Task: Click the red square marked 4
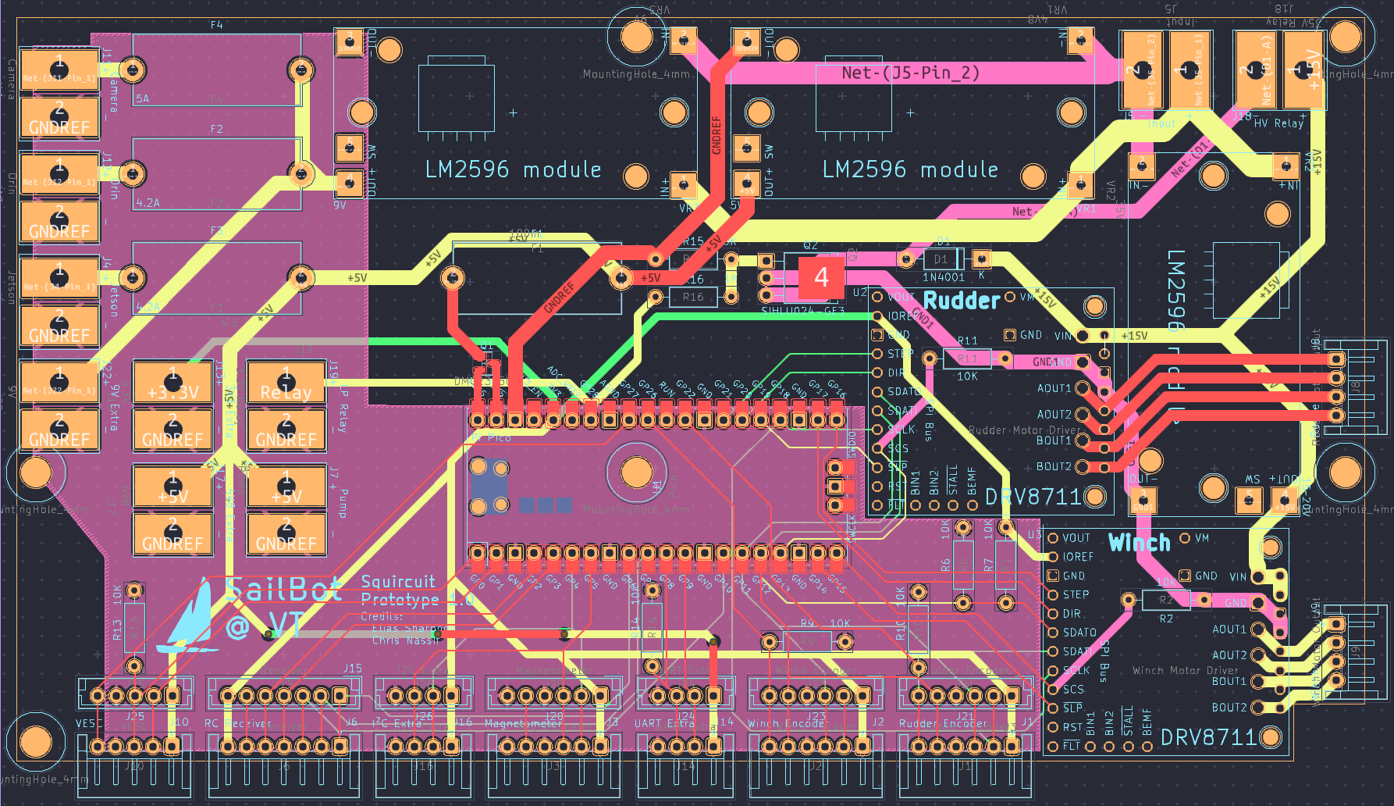[821, 277]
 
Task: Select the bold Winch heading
[1139, 542]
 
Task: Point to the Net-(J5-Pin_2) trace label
[909, 73]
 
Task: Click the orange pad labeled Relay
[286, 383]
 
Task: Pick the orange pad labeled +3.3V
[172, 383]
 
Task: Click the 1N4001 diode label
[943, 277]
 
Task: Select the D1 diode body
[941, 259]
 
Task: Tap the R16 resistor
[693, 297]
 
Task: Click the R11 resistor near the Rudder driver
[967, 358]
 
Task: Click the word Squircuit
[398, 582]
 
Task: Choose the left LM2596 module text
[513, 169]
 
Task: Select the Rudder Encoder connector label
[943, 724]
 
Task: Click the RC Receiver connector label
[238, 724]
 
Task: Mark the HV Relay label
[1278, 123]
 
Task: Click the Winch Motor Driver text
[1185, 670]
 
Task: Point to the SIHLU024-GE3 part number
[802, 311]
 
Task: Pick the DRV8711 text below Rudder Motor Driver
[1033, 498]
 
